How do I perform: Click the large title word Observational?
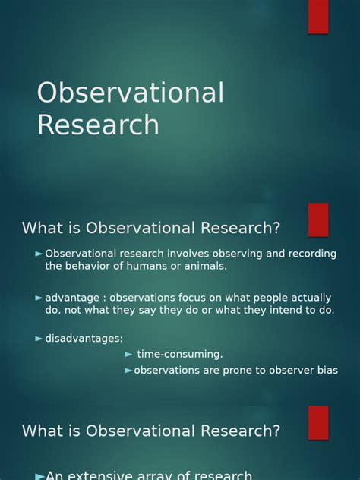tap(131, 92)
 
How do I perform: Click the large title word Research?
tap(98, 125)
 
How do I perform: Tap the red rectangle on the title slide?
tap(318, 17)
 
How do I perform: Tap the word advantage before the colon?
tap(72, 298)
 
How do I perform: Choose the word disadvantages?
tap(83, 338)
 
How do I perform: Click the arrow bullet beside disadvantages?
tap(39, 339)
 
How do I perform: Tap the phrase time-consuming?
tap(180, 354)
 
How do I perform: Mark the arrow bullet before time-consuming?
tap(128, 355)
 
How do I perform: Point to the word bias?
tap(327, 370)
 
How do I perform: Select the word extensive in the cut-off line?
tap(104, 475)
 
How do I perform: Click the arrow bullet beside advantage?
tap(39, 298)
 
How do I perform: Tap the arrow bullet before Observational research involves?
tap(39, 254)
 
